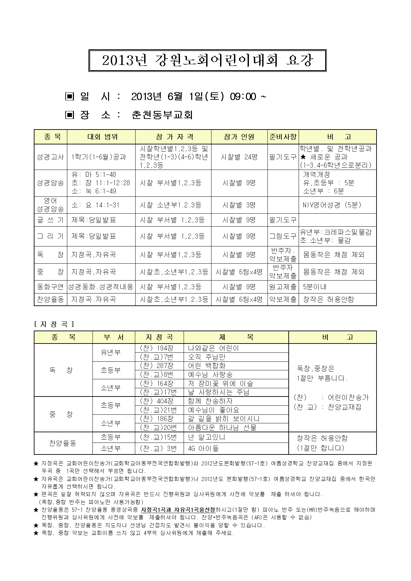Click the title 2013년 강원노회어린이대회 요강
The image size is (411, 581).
click(x=207, y=61)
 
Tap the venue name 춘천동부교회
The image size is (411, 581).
click(x=162, y=115)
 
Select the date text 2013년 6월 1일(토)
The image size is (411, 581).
click(x=178, y=96)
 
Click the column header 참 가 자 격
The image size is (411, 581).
click(x=173, y=137)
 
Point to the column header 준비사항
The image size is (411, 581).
click(x=283, y=137)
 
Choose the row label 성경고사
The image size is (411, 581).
click(x=50, y=157)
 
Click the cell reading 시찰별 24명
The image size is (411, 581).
click(x=239, y=157)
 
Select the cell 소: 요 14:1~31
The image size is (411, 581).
click(x=95, y=205)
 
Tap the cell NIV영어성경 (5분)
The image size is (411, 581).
click(x=332, y=205)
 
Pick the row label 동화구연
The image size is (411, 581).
click(x=50, y=287)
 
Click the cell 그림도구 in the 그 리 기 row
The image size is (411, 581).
click(x=283, y=236)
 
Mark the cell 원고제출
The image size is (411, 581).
click(x=283, y=287)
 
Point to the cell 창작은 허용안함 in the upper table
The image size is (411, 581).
click(x=328, y=299)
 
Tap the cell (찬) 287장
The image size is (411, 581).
click(x=157, y=366)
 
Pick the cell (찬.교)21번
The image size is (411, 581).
click(x=158, y=410)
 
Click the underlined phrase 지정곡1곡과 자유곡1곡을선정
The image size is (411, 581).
click(x=178, y=509)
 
